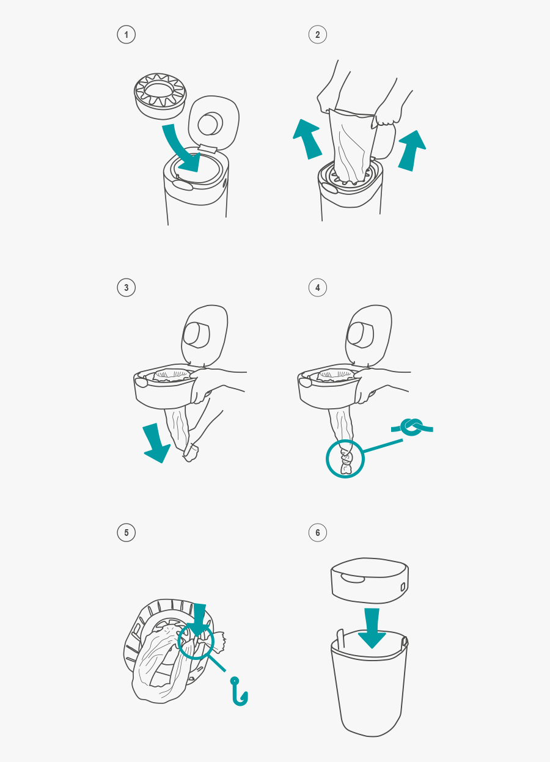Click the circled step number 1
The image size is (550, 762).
click(x=126, y=35)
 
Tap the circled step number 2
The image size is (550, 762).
click(x=317, y=35)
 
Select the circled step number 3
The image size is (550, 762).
click(x=126, y=288)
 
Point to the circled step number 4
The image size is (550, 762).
click(x=317, y=288)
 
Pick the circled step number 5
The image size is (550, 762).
click(x=126, y=532)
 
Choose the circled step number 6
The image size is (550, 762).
click(x=317, y=532)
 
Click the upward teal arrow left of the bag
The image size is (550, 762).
click(x=307, y=139)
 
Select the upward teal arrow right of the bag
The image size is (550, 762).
click(x=411, y=150)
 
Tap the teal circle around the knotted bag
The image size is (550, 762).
click(x=345, y=459)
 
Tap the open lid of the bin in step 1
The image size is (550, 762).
click(x=213, y=122)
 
